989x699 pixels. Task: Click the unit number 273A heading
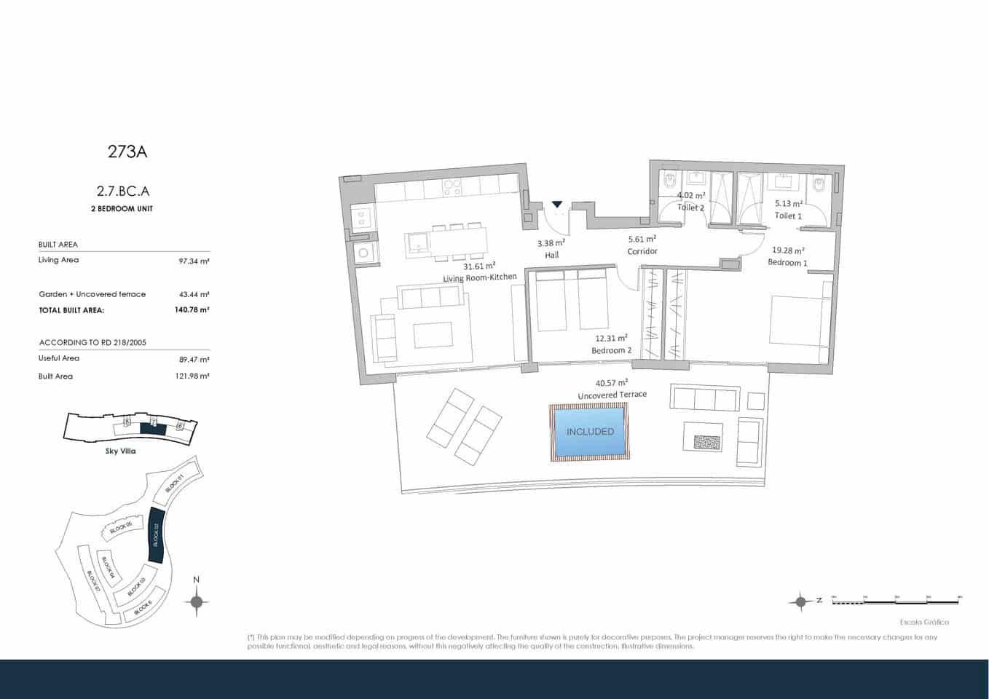[x=127, y=151]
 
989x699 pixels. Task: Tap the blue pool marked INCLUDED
[x=589, y=432]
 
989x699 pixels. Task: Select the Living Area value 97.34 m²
[x=194, y=261]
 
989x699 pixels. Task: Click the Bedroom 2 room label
[x=611, y=350]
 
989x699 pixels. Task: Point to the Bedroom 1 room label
[x=787, y=262]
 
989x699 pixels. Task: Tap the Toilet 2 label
[x=690, y=208]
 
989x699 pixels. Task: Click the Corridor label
[x=642, y=251]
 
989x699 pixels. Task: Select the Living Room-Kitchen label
[x=479, y=277]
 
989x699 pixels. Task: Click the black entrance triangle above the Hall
[x=557, y=205]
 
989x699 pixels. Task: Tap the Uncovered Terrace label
[x=612, y=395]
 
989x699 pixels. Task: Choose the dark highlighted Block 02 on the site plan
[x=156, y=535]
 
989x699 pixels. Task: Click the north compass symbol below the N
[x=197, y=601]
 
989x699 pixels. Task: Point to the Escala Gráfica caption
[x=924, y=622]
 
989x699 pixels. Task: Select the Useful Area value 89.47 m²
[x=194, y=359]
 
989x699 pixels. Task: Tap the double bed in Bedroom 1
[x=800, y=320]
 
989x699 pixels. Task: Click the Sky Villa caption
[x=120, y=451]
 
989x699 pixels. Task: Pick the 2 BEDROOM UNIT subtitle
[x=125, y=209]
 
